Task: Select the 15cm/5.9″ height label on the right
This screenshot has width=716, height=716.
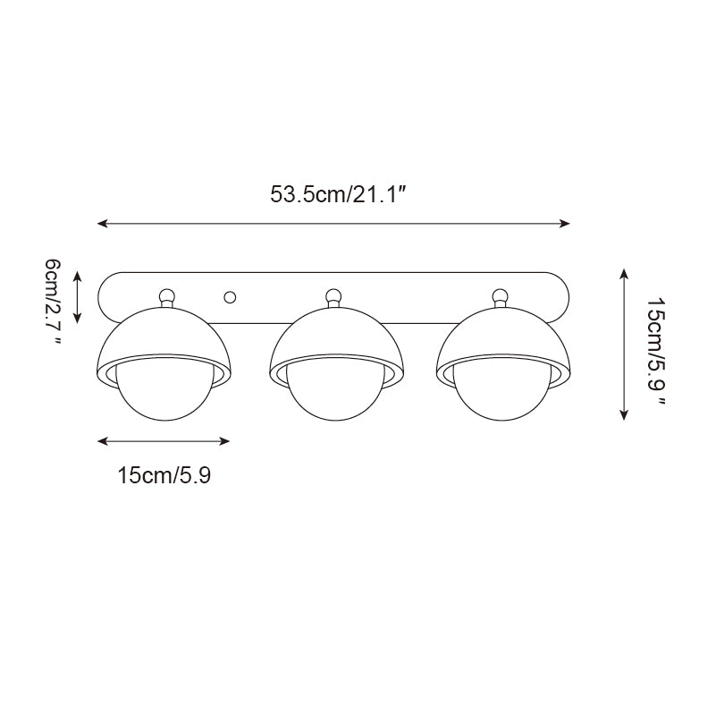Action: [x=656, y=352]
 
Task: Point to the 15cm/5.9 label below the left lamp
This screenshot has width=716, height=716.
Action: [x=164, y=475]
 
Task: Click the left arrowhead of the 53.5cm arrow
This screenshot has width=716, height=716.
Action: [x=101, y=223]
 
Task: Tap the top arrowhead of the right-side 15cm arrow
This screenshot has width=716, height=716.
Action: [x=623, y=272]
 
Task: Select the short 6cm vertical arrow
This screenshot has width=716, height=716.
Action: [x=78, y=297]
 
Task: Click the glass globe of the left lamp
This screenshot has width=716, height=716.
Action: [x=165, y=399]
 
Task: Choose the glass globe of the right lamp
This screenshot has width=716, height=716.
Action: [x=501, y=399]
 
